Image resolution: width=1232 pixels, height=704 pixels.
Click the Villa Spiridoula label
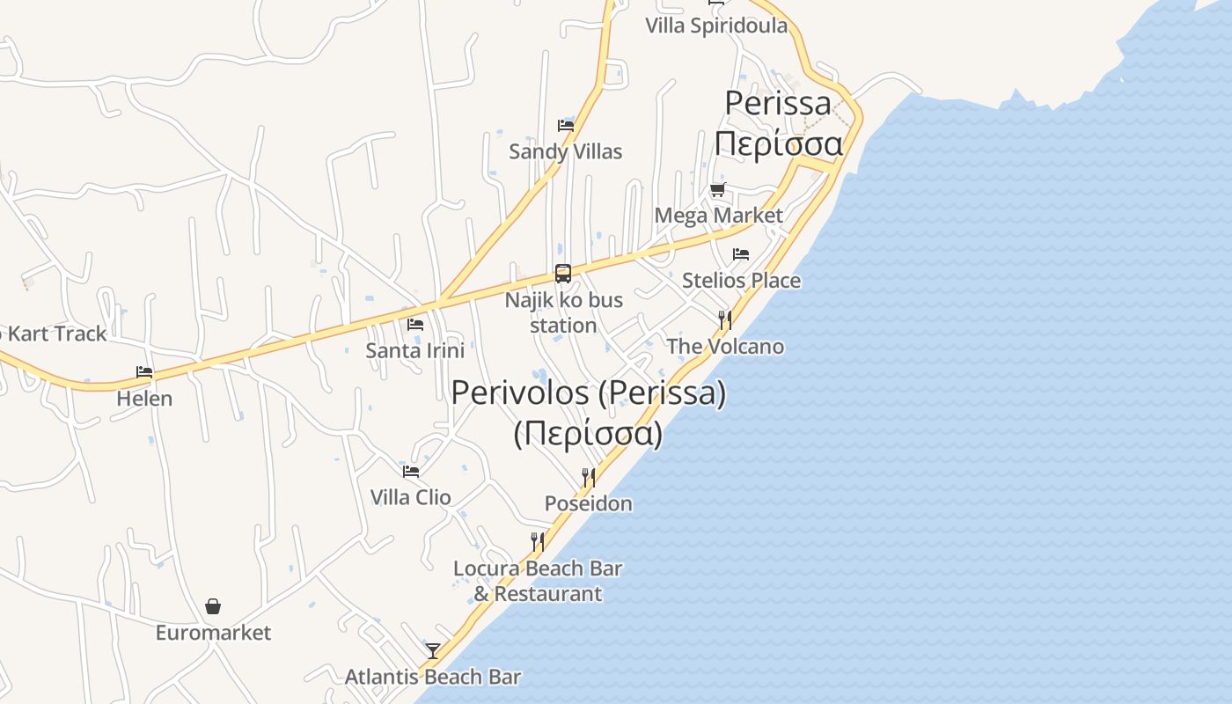pos(716,25)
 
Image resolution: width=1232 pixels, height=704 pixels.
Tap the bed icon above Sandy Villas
pos(566,126)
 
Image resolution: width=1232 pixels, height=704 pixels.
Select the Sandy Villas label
pos(566,151)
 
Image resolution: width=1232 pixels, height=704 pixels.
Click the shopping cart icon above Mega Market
pos(718,189)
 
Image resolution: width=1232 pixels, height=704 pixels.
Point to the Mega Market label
pos(718,216)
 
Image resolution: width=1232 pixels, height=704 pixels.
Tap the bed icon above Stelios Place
pos(741,254)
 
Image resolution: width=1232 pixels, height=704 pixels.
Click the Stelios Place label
pos(741,281)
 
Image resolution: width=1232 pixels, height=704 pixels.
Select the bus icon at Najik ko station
pos(563,274)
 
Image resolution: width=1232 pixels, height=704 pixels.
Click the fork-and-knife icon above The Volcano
pos(724,319)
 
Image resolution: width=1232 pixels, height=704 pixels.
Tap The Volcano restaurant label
pos(725,347)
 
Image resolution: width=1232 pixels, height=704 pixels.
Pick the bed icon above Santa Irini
pos(415,325)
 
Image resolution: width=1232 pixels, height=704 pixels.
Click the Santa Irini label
pos(414,350)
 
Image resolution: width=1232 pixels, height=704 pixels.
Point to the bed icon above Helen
pos(144,372)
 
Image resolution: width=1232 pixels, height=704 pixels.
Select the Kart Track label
pos(55,334)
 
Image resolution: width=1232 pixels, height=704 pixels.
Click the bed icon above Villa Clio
pos(411,471)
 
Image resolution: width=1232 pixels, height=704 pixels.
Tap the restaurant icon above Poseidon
pos(588,478)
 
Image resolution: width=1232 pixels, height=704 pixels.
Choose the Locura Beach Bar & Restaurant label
pos(538,581)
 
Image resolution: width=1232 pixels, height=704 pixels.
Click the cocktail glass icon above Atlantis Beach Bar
pos(433,651)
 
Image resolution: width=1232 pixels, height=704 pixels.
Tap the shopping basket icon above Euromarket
pos(213,606)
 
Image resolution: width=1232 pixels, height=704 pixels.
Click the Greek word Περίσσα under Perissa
pos(778,143)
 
